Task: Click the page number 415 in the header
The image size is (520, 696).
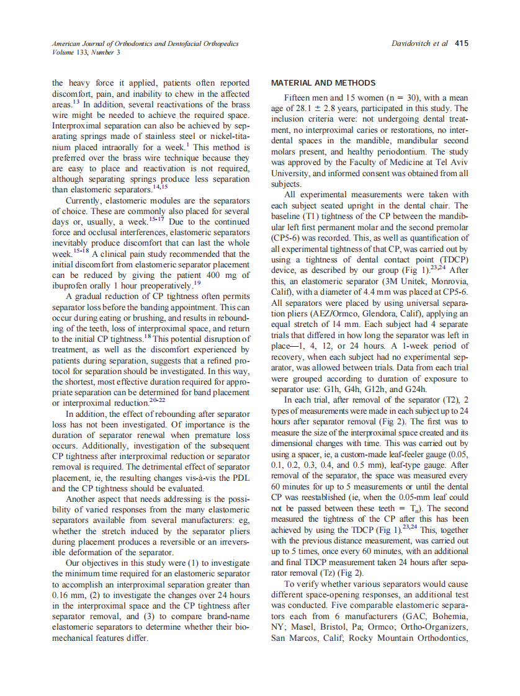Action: (x=462, y=43)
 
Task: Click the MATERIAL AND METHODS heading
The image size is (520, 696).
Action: (x=323, y=83)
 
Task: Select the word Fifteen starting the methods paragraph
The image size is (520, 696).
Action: (x=300, y=99)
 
